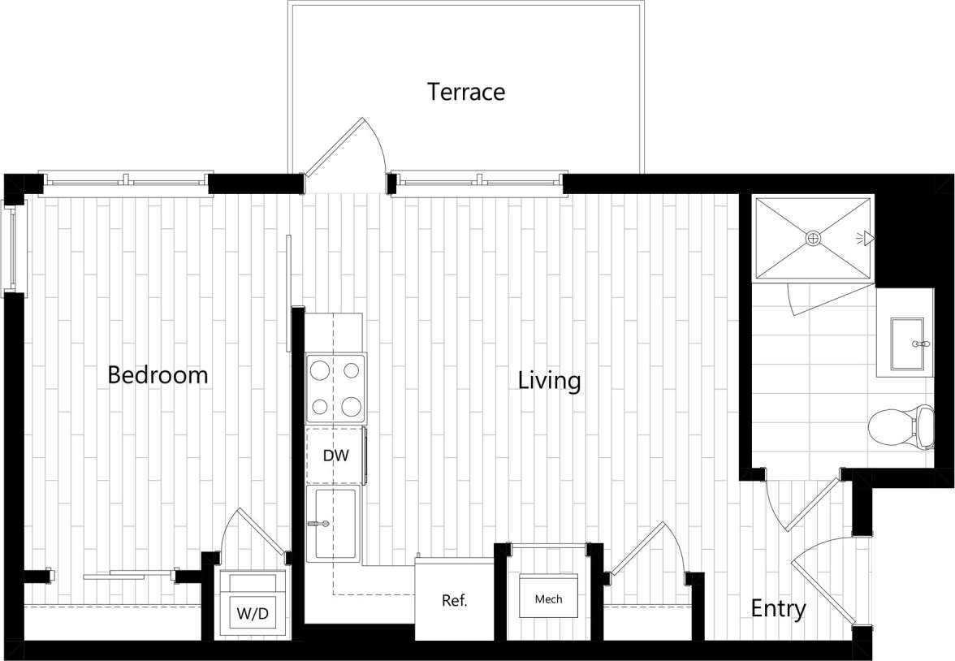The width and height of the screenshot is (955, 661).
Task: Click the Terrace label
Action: [466, 92]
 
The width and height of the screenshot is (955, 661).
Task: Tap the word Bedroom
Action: [158, 375]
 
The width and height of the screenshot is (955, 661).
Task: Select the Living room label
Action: [549, 380]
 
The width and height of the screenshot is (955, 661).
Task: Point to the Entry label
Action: [777, 609]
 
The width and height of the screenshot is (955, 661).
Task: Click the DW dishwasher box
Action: [335, 456]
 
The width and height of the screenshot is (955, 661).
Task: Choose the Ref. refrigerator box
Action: [455, 601]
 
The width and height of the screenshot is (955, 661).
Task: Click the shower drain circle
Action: [813, 238]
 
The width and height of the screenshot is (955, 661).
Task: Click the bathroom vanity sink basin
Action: [908, 344]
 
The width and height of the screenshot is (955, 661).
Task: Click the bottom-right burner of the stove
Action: [351, 405]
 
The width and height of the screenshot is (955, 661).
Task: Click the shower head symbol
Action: [866, 238]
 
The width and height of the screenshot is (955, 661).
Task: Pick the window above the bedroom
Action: [126, 183]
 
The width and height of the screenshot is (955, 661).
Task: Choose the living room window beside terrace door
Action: [476, 183]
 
